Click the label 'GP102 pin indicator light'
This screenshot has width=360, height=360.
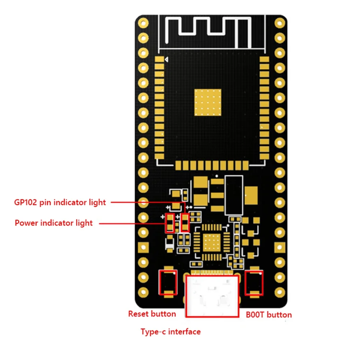[60, 202]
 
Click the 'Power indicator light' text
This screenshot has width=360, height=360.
[54, 223]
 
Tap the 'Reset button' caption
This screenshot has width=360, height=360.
[152, 314]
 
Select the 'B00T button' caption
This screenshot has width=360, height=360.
[269, 315]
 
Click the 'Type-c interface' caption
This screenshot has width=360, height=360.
[170, 332]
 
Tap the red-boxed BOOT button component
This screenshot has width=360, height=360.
[254, 283]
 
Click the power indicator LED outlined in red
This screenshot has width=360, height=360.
[169, 223]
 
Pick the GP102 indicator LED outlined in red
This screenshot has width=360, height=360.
[185, 223]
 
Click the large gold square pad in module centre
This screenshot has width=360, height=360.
[208, 102]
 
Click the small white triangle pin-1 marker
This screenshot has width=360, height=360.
[167, 60]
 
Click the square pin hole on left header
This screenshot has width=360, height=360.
[143, 247]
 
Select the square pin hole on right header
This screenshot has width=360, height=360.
[279, 247]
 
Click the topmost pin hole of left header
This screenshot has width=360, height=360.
[143, 23]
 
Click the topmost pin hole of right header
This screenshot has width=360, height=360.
[279, 23]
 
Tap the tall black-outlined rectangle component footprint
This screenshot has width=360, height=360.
[234, 195]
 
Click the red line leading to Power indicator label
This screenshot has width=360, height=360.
[131, 223]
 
